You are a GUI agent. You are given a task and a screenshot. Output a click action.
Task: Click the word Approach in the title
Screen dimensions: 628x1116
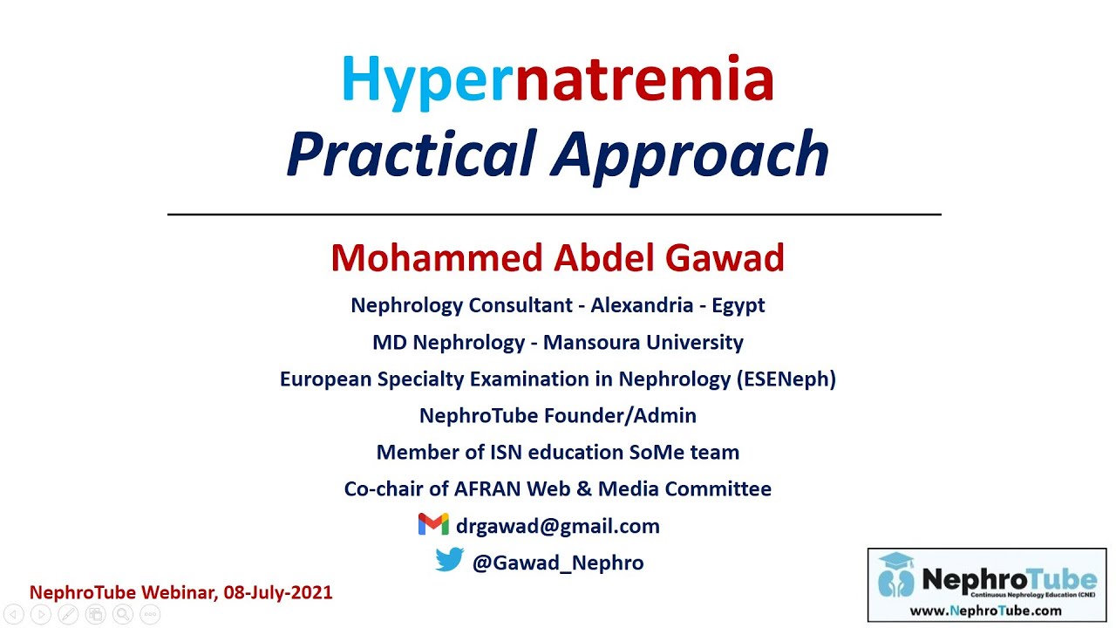coord(690,154)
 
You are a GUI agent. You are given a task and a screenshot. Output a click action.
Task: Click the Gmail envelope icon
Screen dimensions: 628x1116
coord(433,524)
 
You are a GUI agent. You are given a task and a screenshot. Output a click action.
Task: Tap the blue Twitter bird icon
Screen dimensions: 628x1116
coord(449,560)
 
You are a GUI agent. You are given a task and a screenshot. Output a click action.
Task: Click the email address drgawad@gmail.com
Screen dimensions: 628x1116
coord(557,526)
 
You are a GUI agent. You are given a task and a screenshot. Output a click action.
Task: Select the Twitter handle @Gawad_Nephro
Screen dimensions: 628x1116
coord(557,563)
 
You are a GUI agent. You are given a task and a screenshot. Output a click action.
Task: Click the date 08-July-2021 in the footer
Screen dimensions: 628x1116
coord(278,593)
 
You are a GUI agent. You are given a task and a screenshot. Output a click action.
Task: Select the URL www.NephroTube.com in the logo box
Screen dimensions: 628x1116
coord(986,611)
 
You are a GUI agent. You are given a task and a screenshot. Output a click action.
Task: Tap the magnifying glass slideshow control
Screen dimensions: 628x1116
coord(122,615)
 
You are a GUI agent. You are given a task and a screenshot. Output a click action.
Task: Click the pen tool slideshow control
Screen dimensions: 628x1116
coord(67,615)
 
